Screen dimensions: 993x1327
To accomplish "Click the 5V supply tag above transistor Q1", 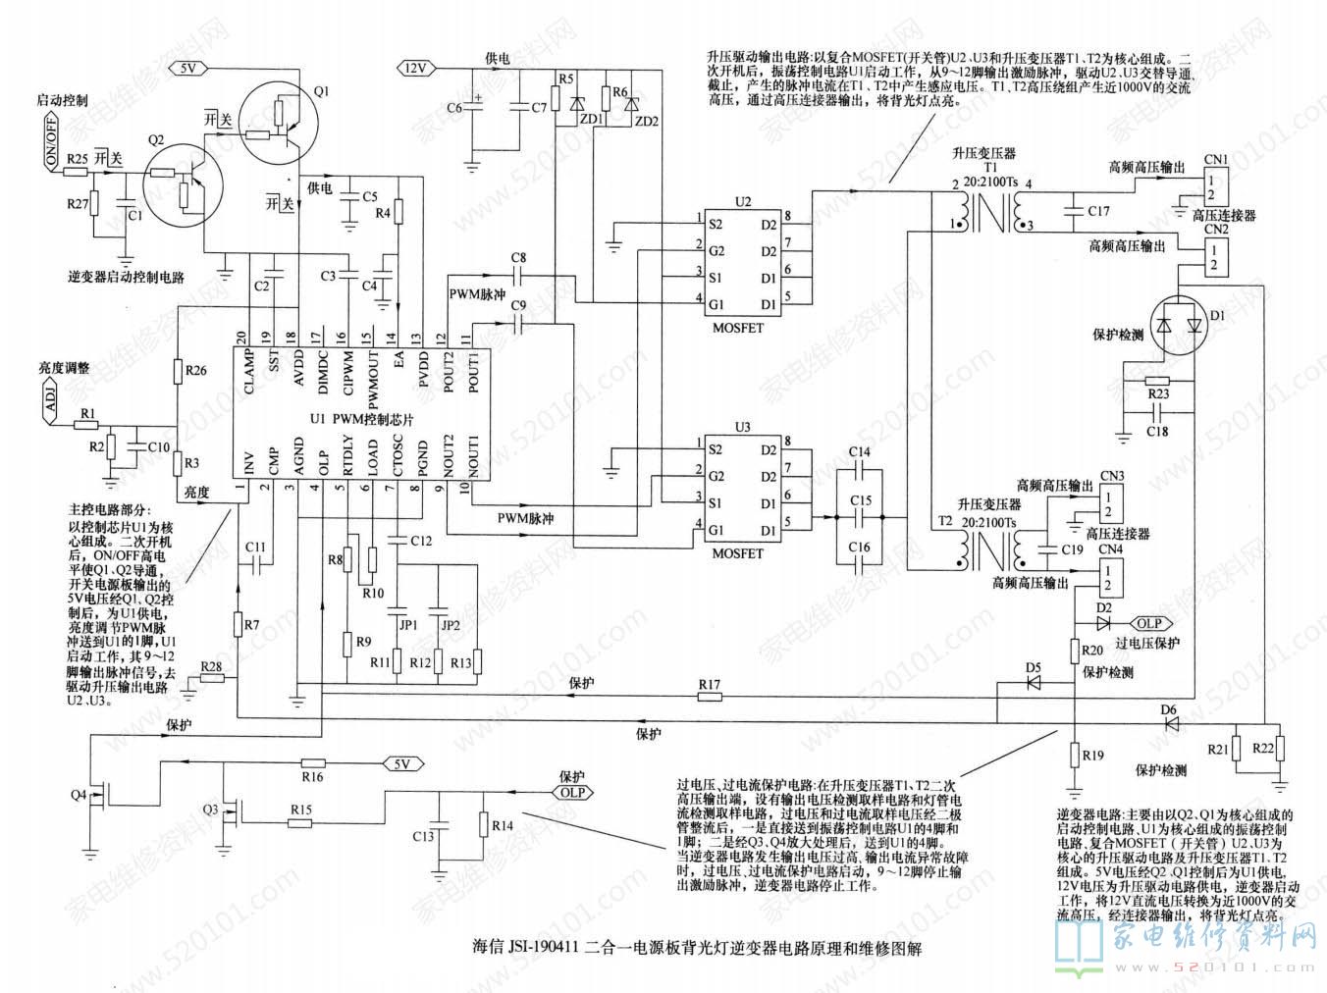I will [x=189, y=68].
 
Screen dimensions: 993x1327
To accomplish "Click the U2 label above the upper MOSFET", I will [x=743, y=202].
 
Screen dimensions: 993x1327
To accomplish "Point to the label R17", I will [x=710, y=684].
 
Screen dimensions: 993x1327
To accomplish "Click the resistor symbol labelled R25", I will [x=77, y=172].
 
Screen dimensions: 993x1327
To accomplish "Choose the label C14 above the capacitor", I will [x=859, y=452].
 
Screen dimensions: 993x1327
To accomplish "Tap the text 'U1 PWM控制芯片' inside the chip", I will [x=362, y=418].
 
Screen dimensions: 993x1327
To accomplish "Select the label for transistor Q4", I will [x=79, y=793].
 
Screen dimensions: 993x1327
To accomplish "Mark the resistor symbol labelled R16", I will [x=313, y=763].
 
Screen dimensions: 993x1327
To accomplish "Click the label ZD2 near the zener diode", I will [x=648, y=122].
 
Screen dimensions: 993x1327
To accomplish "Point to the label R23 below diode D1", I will [x=1158, y=395].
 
